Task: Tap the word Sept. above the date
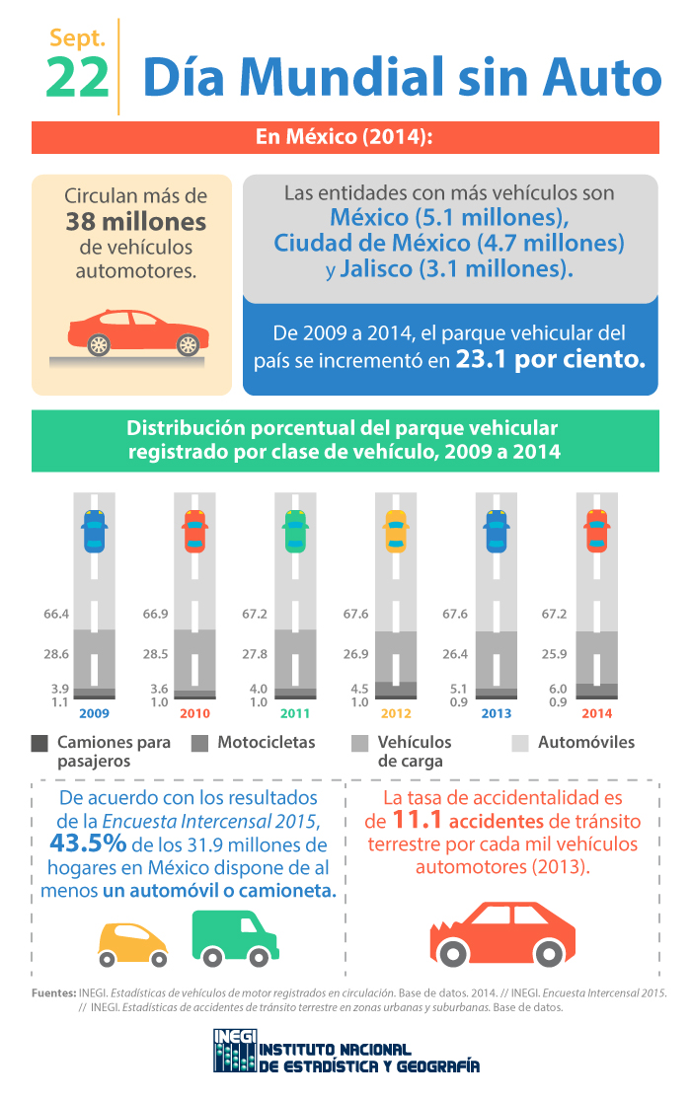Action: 77,38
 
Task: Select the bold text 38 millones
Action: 135,221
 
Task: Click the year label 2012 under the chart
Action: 395,713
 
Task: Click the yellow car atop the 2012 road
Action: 395,532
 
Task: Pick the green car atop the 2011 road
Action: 294,532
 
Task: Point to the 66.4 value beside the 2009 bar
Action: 56,614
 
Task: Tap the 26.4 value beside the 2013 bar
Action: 455,653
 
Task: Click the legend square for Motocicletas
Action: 200,743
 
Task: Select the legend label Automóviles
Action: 586,742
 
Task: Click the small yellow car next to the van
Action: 132,944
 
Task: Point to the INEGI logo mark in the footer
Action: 233,1051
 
